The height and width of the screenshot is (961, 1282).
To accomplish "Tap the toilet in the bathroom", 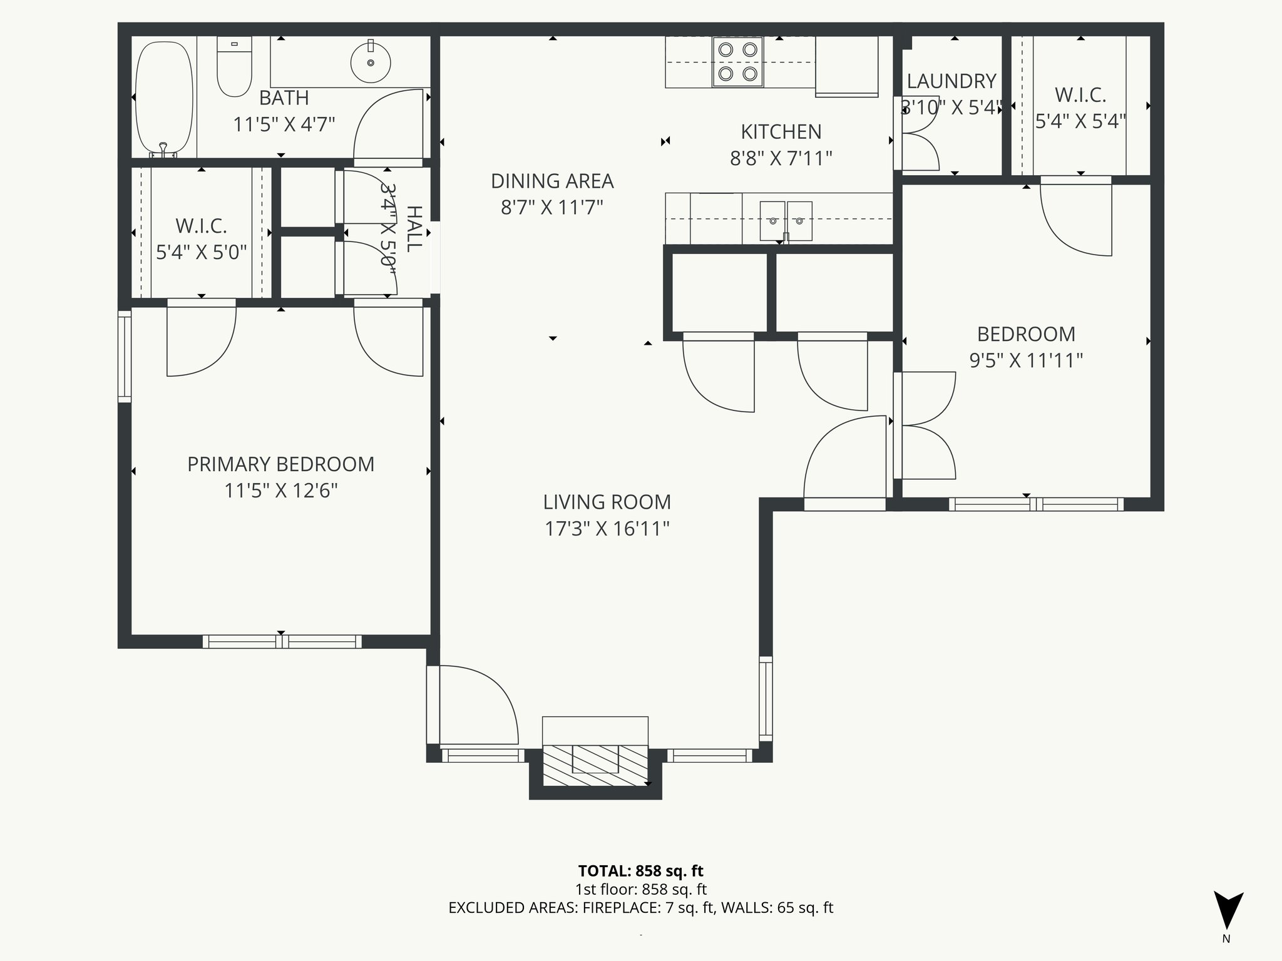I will (234, 68).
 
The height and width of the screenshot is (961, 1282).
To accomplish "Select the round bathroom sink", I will (371, 62).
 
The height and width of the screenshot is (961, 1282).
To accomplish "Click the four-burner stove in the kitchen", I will (737, 61).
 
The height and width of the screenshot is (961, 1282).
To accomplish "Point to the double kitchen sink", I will (786, 221).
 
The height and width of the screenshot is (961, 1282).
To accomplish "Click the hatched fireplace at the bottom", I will (595, 765).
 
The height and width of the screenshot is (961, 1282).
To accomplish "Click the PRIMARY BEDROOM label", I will (280, 464).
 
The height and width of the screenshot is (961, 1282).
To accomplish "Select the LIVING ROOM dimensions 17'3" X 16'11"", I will (607, 529).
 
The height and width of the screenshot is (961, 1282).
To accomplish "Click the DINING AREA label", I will (551, 181).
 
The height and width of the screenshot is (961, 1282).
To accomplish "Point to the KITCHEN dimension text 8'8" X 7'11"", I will (781, 158).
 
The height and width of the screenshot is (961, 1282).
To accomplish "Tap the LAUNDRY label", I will (951, 81).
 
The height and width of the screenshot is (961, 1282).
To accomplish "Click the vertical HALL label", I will (414, 228).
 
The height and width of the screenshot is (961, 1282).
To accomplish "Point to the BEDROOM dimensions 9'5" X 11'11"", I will (1026, 361).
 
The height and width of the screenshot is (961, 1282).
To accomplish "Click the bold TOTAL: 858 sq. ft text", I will (640, 871).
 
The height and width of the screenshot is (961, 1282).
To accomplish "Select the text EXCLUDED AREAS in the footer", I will (513, 908).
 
